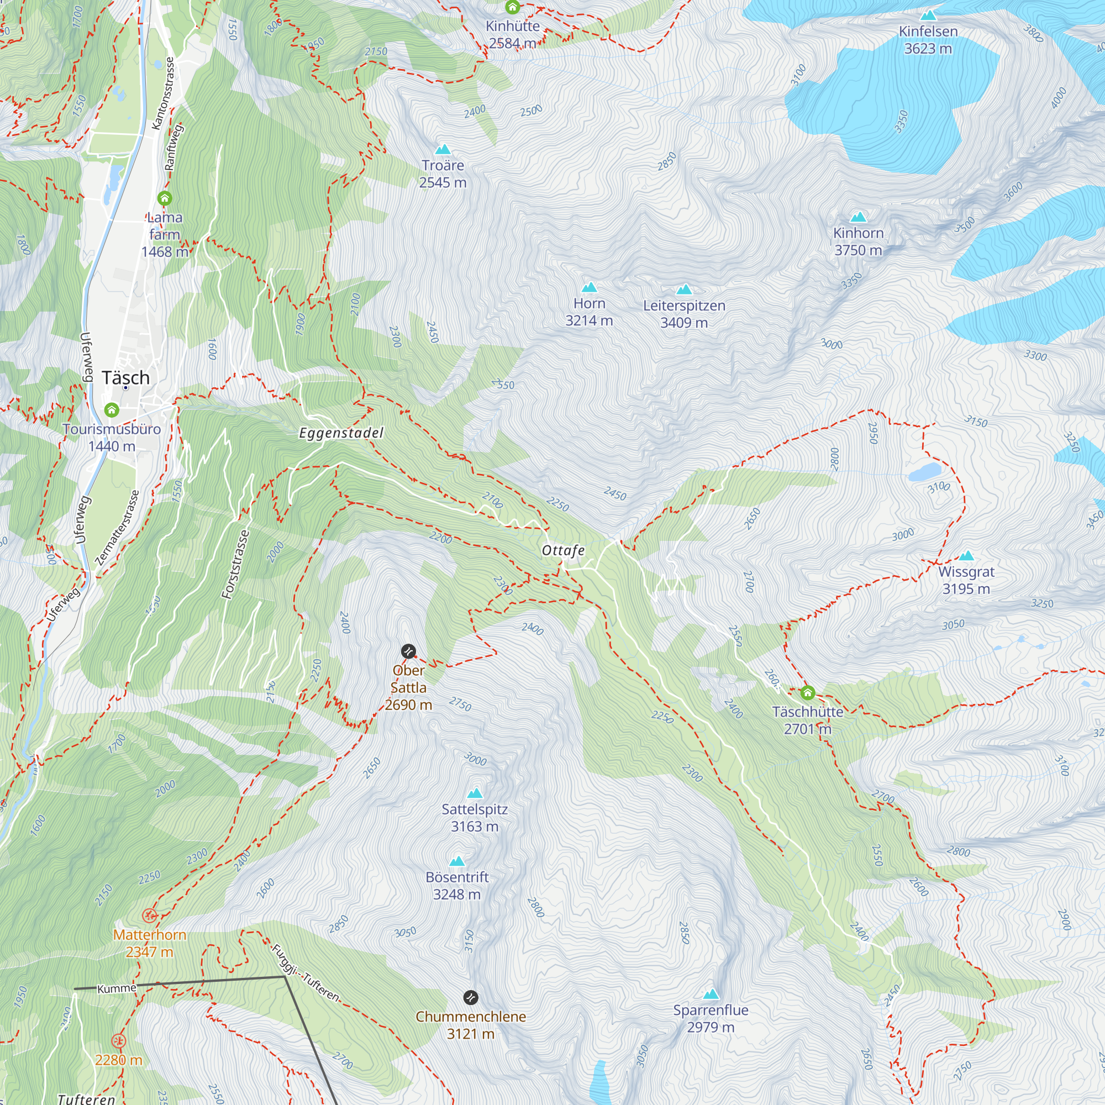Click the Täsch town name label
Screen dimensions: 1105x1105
pyautogui.click(x=126, y=378)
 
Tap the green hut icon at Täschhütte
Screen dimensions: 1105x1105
pyautogui.click(x=807, y=693)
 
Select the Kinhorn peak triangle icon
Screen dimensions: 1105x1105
pyautogui.click(x=858, y=217)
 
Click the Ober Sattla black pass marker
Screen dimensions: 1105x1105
pyautogui.click(x=408, y=651)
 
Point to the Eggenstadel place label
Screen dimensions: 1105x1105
pyautogui.click(x=341, y=433)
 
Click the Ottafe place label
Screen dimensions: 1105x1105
pyautogui.click(x=563, y=550)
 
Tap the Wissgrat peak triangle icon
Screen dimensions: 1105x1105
pyautogui.click(x=966, y=555)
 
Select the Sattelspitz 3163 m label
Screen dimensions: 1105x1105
pyautogui.click(x=475, y=818)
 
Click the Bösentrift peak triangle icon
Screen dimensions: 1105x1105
pyautogui.click(x=456, y=861)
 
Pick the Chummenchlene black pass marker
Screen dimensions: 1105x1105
pyautogui.click(x=470, y=997)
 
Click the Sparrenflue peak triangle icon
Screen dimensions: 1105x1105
pyautogui.click(x=711, y=994)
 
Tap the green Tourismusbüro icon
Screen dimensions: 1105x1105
pyautogui.click(x=112, y=409)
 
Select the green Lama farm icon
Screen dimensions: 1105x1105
pyautogui.click(x=165, y=198)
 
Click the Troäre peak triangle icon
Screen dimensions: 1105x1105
pyautogui.click(x=443, y=150)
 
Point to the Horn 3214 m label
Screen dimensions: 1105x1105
pyautogui.click(x=589, y=312)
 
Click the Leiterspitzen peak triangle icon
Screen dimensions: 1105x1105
pyautogui.click(x=684, y=290)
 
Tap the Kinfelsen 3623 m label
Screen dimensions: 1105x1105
pyautogui.click(x=928, y=40)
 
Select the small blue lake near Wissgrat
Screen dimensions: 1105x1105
pyautogui.click(x=924, y=472)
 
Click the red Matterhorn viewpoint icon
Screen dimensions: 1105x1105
pyautogui.click(x=149, y=915)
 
